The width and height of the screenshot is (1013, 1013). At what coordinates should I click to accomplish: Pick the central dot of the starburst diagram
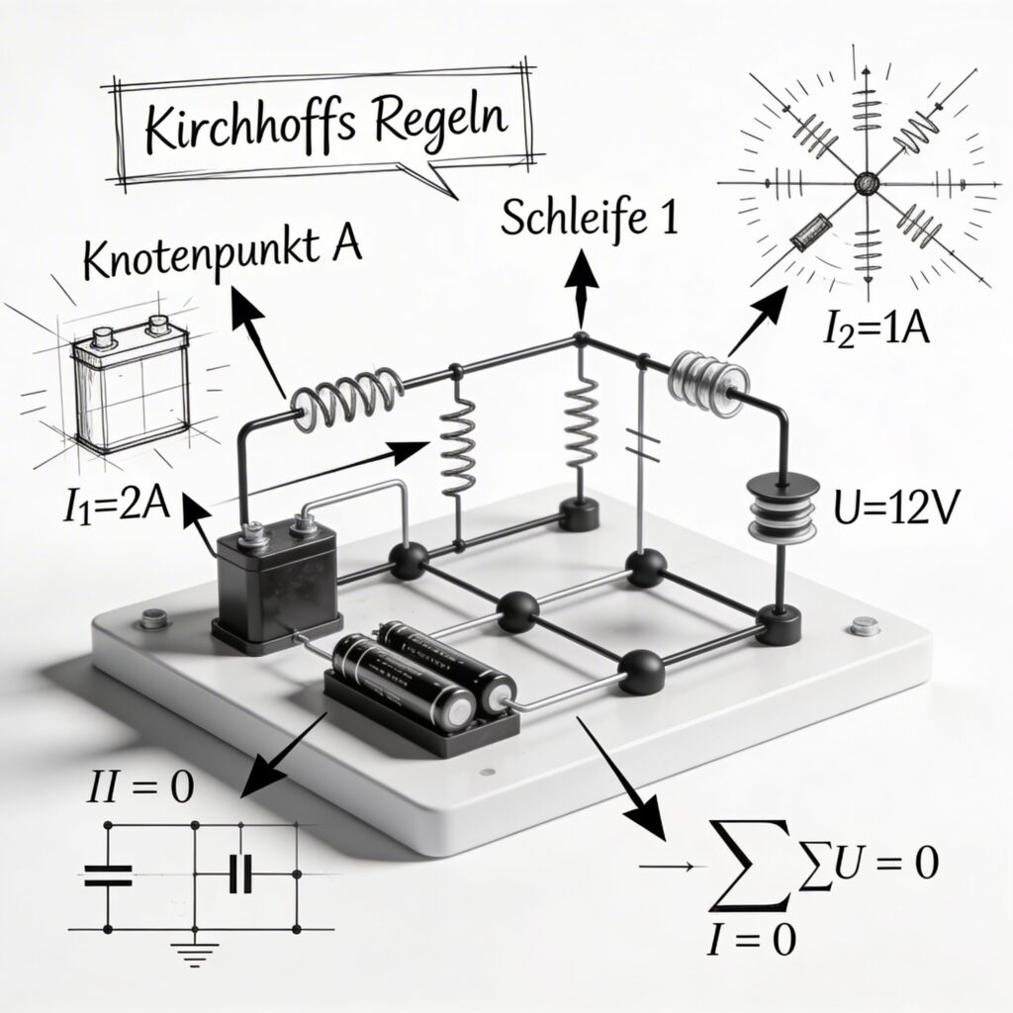867,182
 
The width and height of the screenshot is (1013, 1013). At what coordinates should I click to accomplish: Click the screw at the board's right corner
867,626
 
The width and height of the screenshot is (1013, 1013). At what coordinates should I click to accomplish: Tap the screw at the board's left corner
152,619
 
